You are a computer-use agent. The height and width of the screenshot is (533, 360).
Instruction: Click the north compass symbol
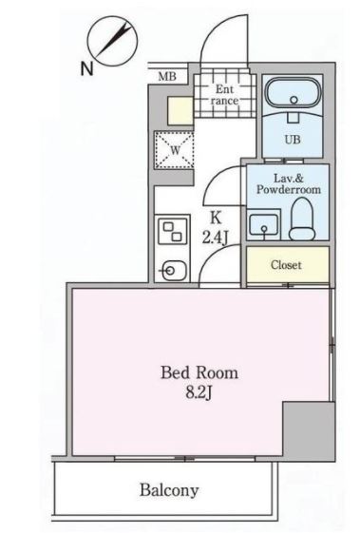point(112,41)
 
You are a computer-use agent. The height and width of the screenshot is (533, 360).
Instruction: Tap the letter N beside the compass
point(87,69)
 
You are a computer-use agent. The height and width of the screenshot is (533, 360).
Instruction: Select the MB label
point(167,77)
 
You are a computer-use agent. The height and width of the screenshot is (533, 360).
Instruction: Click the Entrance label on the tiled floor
point(224,95)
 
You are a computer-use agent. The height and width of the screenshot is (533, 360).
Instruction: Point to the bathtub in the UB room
point(293,93)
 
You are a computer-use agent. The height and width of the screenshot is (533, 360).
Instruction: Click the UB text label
point(293,140)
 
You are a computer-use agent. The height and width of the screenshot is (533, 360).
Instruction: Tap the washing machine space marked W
point(174,150)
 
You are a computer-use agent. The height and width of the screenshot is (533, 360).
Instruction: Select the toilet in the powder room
point(302,219)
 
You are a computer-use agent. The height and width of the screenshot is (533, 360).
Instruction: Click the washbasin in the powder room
point(264,224)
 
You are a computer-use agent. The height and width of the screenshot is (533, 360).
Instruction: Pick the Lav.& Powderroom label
point(288,184)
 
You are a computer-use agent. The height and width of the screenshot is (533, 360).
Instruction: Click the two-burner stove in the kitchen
point(172,231)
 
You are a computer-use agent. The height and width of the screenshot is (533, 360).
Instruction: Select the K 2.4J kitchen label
point(216,228)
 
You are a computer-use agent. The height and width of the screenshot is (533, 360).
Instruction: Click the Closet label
point(286,265)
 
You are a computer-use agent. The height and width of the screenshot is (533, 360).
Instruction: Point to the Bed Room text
point(199,372)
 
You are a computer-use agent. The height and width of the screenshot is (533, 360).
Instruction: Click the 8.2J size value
point(199,393)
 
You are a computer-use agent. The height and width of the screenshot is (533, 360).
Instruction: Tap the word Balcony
point(169,490)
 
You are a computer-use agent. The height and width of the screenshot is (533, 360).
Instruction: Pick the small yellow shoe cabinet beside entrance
point(180,111)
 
